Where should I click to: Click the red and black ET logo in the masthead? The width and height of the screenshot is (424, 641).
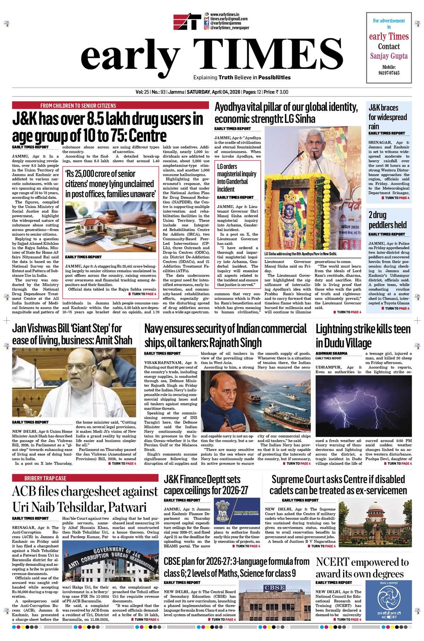coord(187,22)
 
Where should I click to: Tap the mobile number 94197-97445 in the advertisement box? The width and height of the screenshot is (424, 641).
coord(389,73)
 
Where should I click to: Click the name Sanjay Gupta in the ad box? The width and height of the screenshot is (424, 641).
coord(389,56)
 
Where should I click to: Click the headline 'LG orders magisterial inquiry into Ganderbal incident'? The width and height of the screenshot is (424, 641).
coord(236,178)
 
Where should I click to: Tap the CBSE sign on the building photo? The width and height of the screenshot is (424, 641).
coord(274,587)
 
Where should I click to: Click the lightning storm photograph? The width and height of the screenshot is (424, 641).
coord(363,406)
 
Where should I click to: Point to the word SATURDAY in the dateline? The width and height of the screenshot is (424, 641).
coord(198,92)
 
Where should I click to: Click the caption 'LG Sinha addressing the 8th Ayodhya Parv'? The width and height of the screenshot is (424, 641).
coord(300,254)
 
